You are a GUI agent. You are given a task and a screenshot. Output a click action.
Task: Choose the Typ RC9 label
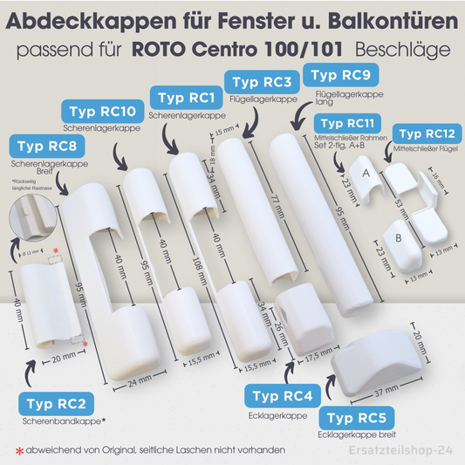click(335, 74)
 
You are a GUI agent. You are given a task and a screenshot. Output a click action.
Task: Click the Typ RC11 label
click(346, 125)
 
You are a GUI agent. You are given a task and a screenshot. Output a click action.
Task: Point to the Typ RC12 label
click(424, 134)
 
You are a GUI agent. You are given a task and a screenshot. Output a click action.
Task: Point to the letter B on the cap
click(397, 237)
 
